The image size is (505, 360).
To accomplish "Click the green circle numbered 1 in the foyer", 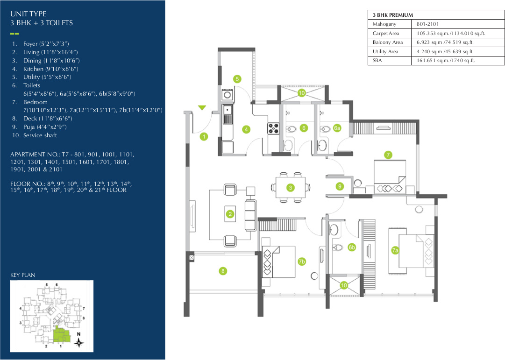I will point(204,137).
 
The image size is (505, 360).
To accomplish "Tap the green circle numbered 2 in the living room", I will point(230,214).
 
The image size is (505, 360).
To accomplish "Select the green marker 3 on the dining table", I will point(290,188).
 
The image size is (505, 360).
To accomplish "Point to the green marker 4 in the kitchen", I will point(246,129).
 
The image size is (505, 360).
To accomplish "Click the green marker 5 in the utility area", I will point(237,79).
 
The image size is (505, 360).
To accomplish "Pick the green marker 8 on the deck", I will point(223,270).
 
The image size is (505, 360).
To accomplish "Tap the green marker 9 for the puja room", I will point(340,186).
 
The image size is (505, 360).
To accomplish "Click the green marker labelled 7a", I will point(395,251).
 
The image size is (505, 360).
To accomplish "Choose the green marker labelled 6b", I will point(352,247).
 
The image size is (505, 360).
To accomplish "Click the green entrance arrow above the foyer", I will point(202,108).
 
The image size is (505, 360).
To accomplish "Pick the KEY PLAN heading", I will point(22,275).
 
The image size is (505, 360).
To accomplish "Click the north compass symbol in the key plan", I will point(79,342).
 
